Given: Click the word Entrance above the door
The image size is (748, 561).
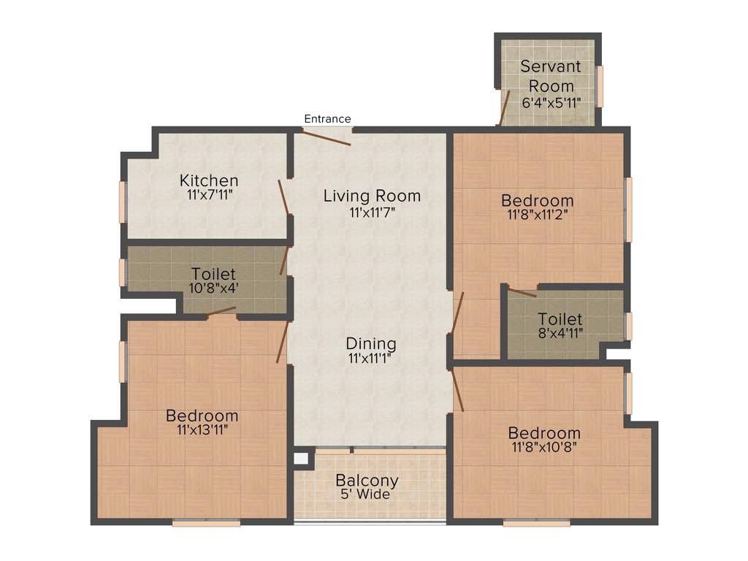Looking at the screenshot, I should click(327, 118).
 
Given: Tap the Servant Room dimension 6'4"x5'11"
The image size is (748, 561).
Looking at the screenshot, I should click(551, 102).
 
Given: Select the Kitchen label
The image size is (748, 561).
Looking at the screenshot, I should click(209, 180).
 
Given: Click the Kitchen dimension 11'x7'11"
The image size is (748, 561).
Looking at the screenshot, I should click(209, 195).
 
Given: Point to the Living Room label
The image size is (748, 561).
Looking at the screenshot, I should click(372, 196).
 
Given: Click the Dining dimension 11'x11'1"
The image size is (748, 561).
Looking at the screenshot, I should click(372, 358).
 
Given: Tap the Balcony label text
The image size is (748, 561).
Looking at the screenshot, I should click(367, 481).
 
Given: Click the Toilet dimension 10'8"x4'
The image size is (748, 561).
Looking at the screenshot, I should click(213, 288).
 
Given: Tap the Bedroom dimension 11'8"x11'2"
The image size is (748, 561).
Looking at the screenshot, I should click(537, 215).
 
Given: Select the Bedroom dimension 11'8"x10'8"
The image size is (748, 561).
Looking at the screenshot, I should click(544, 447).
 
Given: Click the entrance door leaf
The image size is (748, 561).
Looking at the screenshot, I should click(327, 137).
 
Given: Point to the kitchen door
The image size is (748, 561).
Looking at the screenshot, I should click(283, 196).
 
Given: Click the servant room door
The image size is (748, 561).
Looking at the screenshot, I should click(504, 108).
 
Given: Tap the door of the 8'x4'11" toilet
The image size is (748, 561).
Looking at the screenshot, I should click(522, 293).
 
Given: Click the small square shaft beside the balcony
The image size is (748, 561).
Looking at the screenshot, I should click(299, 459).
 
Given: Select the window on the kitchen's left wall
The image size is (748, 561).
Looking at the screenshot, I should click(123, 201).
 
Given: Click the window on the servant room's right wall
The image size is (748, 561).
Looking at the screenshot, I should click(600, 86).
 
